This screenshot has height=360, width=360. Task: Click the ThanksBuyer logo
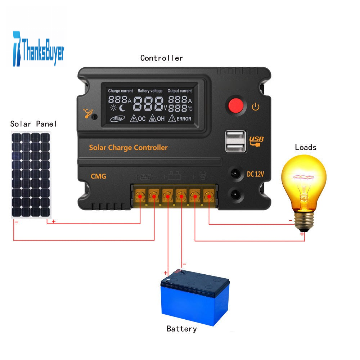tap(39, 49)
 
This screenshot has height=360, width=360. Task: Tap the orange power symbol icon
tap(256, 107)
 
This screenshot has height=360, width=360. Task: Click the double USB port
tap(236, 141)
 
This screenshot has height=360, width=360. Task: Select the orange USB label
tap(256, 141)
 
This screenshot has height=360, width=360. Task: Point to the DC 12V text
tap(255, 174)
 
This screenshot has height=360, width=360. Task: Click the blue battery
tap(195, 298)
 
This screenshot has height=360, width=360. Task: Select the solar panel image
tap(31, 175)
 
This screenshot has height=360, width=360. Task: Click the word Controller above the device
tap(162, 58)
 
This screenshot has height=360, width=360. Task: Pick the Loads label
tap(306, 147)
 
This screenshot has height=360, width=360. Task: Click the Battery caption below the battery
tap(181, 329)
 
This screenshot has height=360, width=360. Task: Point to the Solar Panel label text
tap(33, 124)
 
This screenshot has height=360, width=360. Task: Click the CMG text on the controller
tap(98, 176)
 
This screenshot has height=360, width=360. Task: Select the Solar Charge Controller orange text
tap(129, 147)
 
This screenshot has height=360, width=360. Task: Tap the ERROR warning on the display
tap(180, 118)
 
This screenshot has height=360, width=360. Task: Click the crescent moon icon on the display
tap(122, 108)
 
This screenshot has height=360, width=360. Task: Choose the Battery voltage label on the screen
tap(150, 91)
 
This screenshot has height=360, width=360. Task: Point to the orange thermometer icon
tap(88, 113)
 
